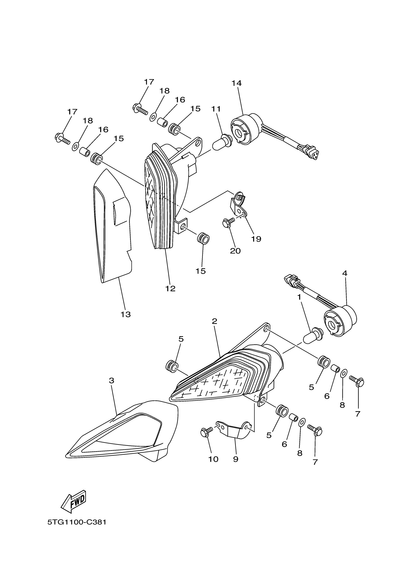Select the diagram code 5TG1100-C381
click(x=77, y=522)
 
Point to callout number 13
click(x=125, y=314)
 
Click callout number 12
click(x=170, y=289)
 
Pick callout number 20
click(x=235, y=251)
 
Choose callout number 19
click(x=256, y=239)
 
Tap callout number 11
click(x=216, y=109)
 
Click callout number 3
click(x=112, y=380)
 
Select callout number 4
click(x=345, y=273)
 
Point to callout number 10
click(x=213, y=459)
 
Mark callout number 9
click(x=236, y=459)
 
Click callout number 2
click(x=214, y=321)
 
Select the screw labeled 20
click(x=227, y=223)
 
